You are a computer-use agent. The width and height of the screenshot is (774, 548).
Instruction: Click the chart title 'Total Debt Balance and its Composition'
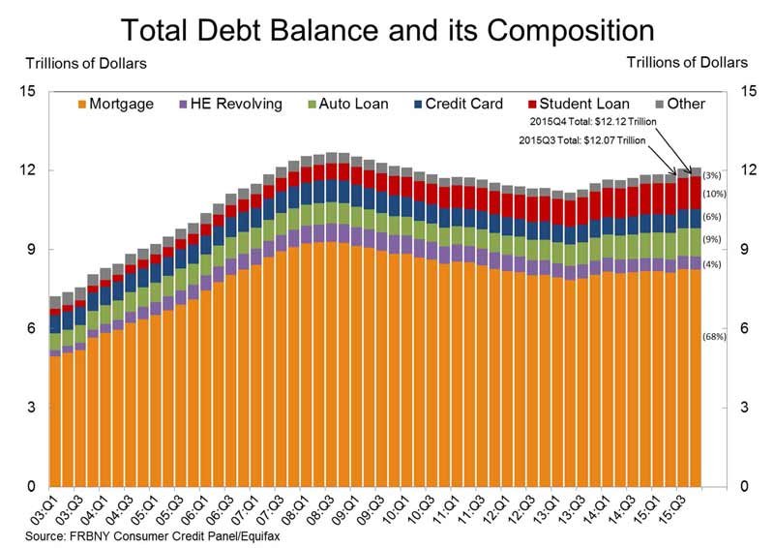pos(387,25)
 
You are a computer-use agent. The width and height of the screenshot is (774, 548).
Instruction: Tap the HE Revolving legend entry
pos(222,104)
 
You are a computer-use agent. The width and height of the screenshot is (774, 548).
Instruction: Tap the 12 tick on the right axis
pos(747,170)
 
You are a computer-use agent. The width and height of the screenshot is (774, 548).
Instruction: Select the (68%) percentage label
pos(714,337)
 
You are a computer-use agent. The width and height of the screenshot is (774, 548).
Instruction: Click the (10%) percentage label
pos(714,194)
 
